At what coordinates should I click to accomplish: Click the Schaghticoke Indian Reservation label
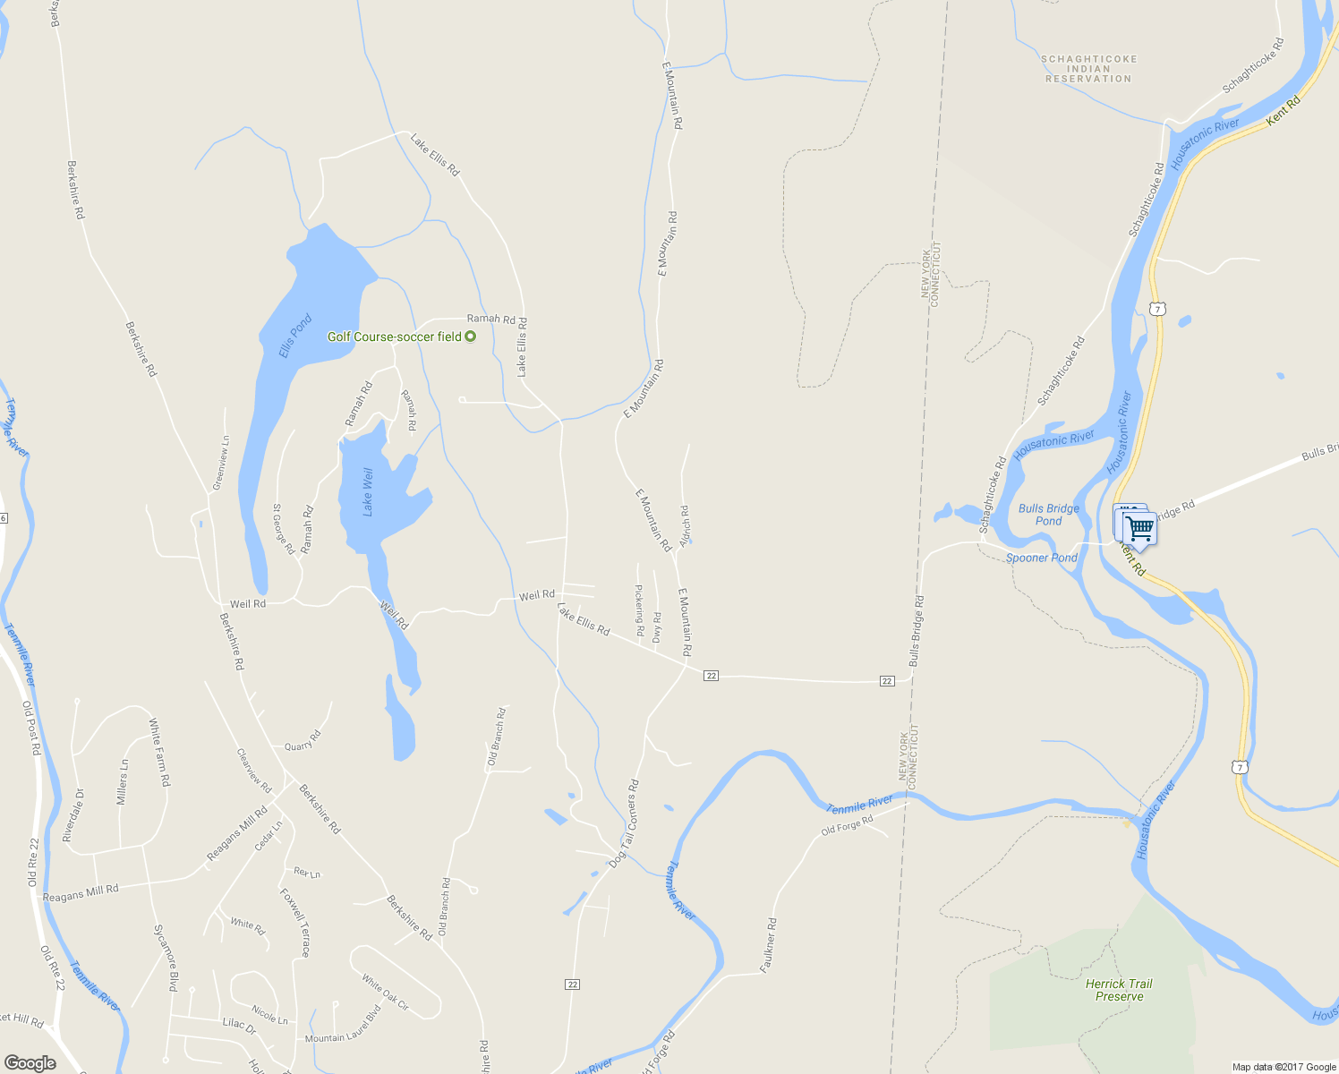click(1088, 69)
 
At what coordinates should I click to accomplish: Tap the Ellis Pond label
click(294, 336)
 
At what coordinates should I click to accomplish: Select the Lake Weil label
click(367, 492)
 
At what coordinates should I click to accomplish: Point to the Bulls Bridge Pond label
click(1049, 515)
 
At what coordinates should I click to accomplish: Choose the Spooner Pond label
click(1041, 558)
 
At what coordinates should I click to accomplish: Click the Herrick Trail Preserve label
click(1119, 990)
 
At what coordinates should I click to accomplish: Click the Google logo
click(30, 1063)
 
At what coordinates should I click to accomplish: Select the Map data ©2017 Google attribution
click(1284, 1067)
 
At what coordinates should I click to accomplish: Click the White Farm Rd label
click(159, 752)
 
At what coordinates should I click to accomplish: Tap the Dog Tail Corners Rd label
click(624, 823)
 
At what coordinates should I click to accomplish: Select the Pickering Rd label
click(639, 610)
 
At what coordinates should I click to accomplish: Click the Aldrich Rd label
click(685, 526)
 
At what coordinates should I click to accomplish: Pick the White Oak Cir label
click(386, 993)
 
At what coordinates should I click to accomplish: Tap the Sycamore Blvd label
click(166, 958)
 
